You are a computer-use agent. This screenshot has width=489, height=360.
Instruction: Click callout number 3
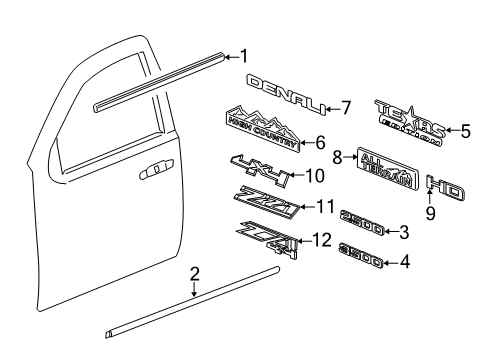pos(404,233)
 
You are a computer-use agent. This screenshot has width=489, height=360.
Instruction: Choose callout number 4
pos(404,264)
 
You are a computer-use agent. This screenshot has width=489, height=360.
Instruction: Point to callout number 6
pos(321,142)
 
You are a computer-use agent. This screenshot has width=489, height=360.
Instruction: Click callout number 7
pos(346,106)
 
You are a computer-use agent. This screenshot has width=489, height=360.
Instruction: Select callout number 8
pos(337,156)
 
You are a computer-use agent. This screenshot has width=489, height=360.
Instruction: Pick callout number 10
pos(314,176)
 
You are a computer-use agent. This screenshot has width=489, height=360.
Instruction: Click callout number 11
pos(322,208)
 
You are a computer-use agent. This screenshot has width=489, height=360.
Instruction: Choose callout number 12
pos(321,240)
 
